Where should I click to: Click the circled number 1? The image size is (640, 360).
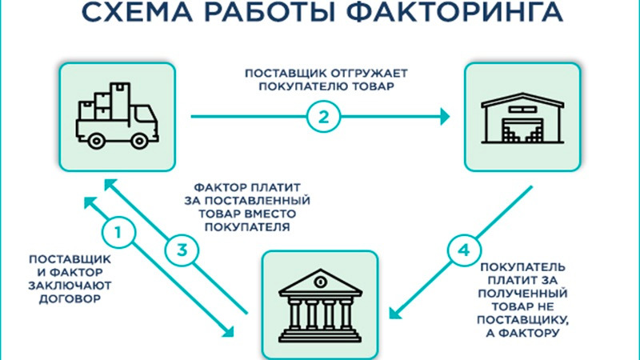118,234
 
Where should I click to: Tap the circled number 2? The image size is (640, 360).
322,117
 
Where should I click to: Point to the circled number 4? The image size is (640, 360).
462,250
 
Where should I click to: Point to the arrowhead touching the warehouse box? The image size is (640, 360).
445,117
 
